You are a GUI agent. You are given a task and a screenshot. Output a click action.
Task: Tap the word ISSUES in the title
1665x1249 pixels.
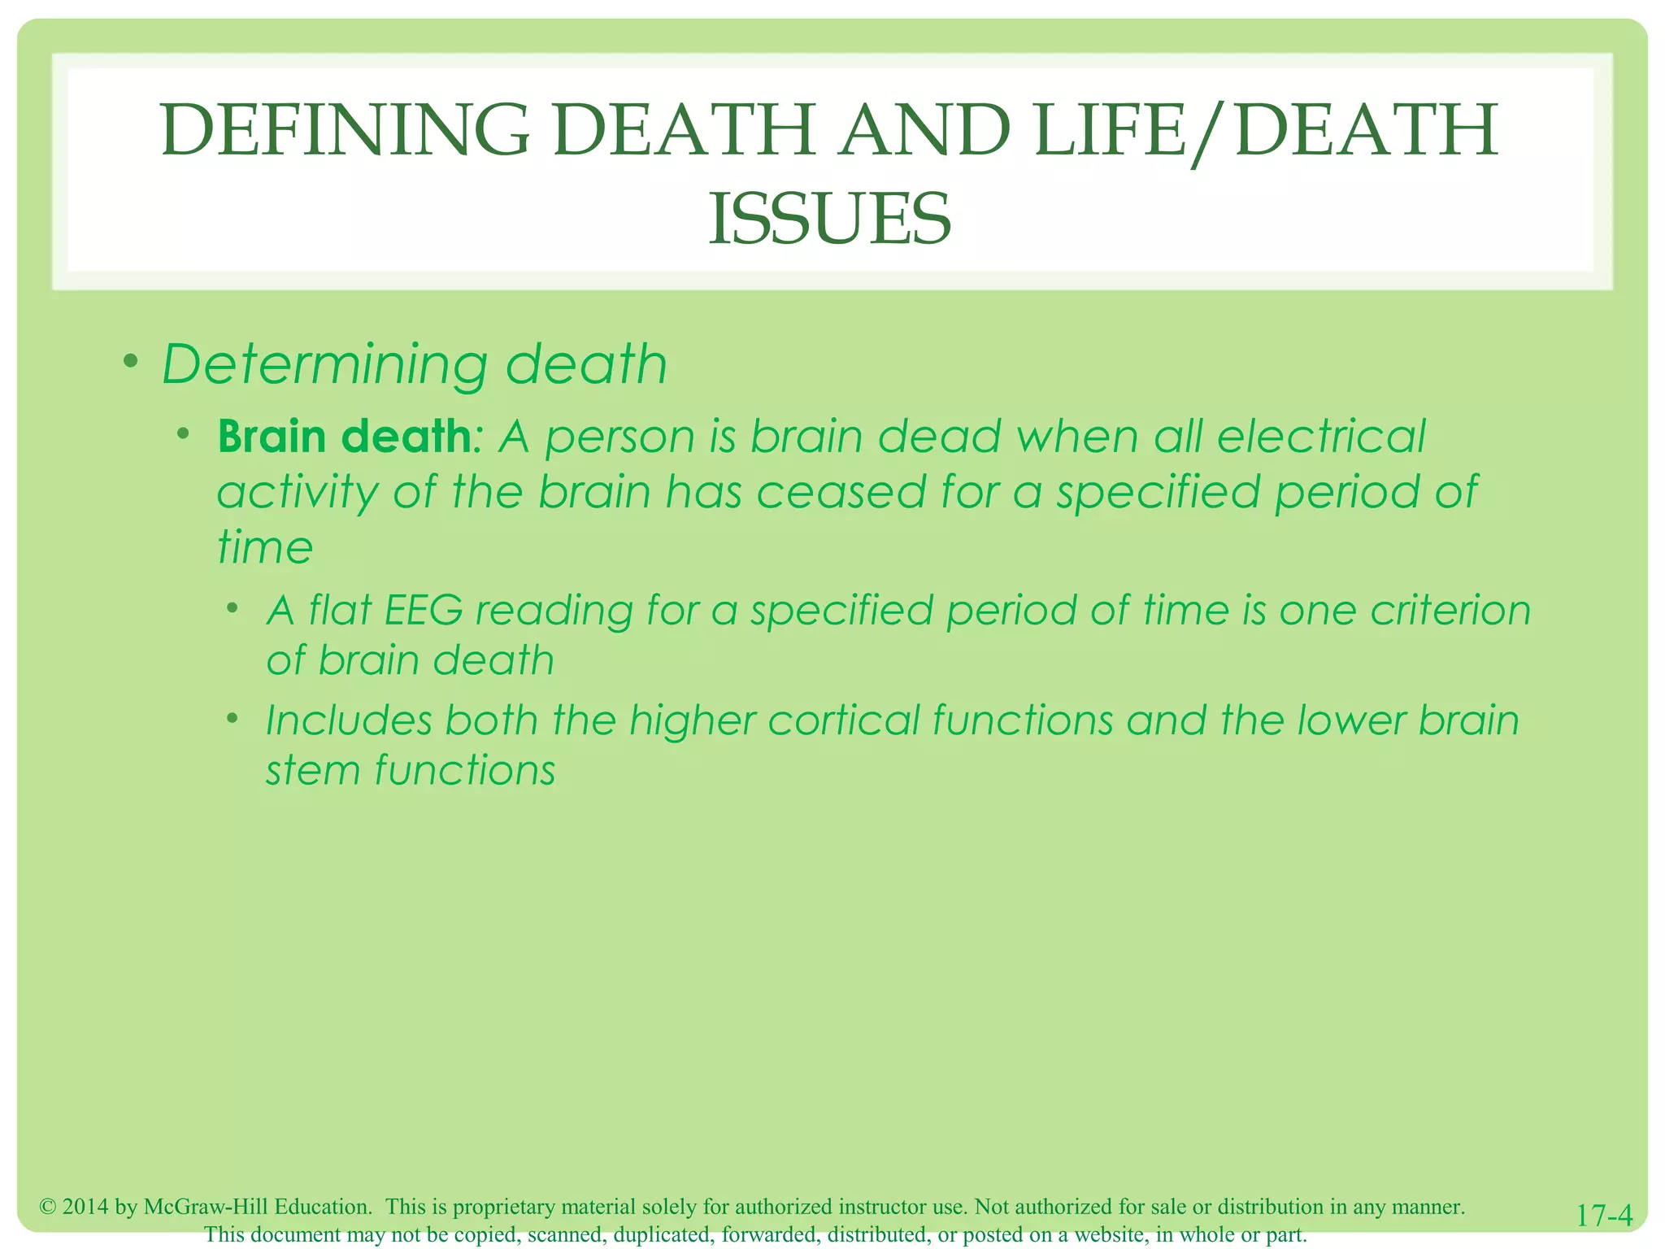click(829, 220)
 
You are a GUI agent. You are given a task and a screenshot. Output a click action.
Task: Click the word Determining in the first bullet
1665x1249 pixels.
click(324, 364)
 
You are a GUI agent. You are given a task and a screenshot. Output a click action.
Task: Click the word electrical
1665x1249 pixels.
click(1321, 437)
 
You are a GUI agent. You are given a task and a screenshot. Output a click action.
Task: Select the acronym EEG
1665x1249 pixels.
click(423, 610)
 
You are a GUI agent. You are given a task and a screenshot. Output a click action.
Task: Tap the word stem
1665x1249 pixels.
click(313, 770)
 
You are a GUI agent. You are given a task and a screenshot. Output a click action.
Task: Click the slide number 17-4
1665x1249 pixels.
click(1604, 1215)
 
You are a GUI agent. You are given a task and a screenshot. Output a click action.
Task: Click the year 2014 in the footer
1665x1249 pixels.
click(86, 1207)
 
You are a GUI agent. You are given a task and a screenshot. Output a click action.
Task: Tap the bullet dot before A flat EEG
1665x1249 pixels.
click(233, 607)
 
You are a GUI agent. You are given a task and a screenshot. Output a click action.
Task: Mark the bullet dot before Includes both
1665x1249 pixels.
click(233, 718)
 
